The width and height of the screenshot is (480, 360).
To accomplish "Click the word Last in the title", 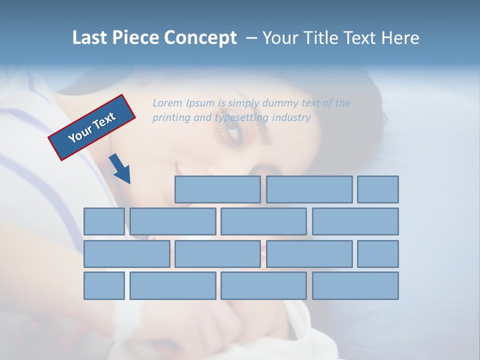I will click(x=89, y=38).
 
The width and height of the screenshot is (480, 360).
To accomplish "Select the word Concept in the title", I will click(x=200, y=38).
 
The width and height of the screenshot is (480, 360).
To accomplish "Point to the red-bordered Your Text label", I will click(x=91, y=127).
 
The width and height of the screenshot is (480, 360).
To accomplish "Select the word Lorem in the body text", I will click(x=167, y=103).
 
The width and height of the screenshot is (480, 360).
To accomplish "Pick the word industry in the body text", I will click(x=291, y=118).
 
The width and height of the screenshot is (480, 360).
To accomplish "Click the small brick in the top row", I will click(x=378, y=189).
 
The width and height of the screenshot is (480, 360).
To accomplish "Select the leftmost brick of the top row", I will click(x=217, y=189).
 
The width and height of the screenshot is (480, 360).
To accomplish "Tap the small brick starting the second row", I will click(x=104, y=221).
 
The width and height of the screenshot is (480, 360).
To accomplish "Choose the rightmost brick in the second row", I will click(x=355, y=221).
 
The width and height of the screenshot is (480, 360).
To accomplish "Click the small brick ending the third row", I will click(x=378, y=254).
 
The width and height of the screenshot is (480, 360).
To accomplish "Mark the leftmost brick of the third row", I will click(x=126, y=254).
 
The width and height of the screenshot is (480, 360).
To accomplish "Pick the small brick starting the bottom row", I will click(x=104, y=286).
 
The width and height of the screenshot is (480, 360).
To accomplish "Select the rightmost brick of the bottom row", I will click(x=355, y=286).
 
